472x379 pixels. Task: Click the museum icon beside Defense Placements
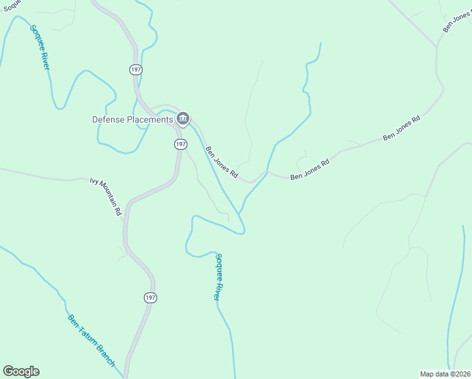click(x=183, y=118)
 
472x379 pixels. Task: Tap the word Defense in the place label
click(x=108, y=119)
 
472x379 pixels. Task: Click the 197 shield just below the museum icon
click(x=181, y=144)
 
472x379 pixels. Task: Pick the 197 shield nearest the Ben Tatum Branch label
click(x=149, y=297)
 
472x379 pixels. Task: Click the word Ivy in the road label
click(x=95, y=181)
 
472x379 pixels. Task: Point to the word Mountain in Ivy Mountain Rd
click(x=107, y=193)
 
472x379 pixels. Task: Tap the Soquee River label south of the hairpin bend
click(x=218, y=277)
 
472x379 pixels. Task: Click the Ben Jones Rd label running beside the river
click(x=221, y=162)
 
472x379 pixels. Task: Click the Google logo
click(x=21, y=371)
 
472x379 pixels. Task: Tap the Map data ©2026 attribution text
click(x=445, y=374)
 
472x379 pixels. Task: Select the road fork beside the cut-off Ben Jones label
click(x=437, y=46)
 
